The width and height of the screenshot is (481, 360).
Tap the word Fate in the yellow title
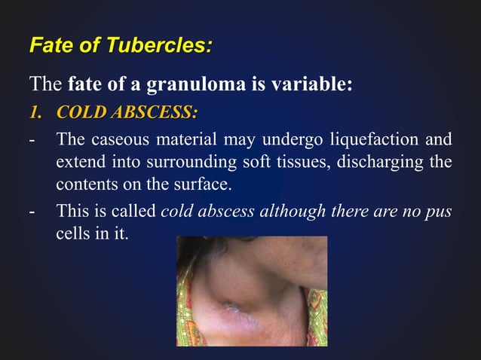click(x=49, y=46)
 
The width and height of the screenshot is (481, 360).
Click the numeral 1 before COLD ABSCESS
click(x=35, y=113)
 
